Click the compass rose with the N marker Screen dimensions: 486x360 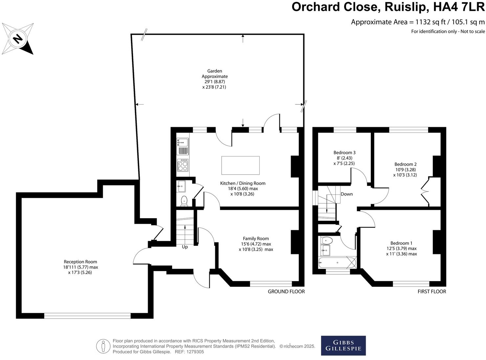[x=18, y=39]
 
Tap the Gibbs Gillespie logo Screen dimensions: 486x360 [x=343, y=345]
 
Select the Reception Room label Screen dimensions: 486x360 [x=80, y=262]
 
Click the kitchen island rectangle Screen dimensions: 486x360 [x=240, y=165]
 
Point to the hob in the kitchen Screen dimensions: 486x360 [x=183, y=165]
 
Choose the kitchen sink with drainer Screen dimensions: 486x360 [x=183, y=146]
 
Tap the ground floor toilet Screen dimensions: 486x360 [x=184, y=201]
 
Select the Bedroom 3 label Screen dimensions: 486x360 [x=344, y=152]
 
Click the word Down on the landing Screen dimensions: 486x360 [x=347, y=194]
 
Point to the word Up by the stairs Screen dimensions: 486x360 [x=185, y=247]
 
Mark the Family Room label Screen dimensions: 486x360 [x=256, y=238]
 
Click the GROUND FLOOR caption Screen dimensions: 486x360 [x=286, y=291]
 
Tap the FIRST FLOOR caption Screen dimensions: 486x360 [x=431, y=291]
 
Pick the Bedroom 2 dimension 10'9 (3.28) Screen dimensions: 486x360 [x=406, y=169]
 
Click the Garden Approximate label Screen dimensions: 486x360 [x=214, y=74]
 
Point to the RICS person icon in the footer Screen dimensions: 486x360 [x=103, y=346]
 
